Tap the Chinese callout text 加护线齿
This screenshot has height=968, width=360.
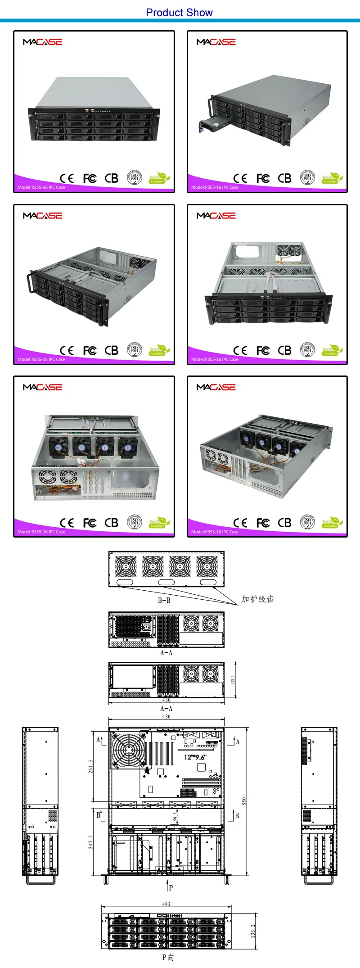click(257, 599)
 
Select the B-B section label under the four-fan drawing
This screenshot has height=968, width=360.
click(164, 600)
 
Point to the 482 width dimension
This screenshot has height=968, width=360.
click(166, 904)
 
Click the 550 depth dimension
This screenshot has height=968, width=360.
click(244, 801)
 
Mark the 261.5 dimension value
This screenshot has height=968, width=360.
click(90, 766)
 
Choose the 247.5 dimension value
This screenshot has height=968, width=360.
click(90, 842)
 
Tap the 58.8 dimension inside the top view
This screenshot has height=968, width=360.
click(175, 816)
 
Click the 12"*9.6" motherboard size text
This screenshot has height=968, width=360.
click(195, 757)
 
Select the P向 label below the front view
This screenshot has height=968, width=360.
click(168, 957)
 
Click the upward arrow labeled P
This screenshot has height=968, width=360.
click(167, 884)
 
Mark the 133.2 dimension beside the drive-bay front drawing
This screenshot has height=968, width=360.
click(253, 931)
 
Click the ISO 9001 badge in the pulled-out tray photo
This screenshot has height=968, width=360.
click(307, 178)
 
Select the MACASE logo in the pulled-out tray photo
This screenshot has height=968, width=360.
click(216, 42)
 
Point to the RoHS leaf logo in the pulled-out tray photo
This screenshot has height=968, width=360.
click(332, 178)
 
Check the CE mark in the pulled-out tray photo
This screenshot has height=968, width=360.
click(240, 178)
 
